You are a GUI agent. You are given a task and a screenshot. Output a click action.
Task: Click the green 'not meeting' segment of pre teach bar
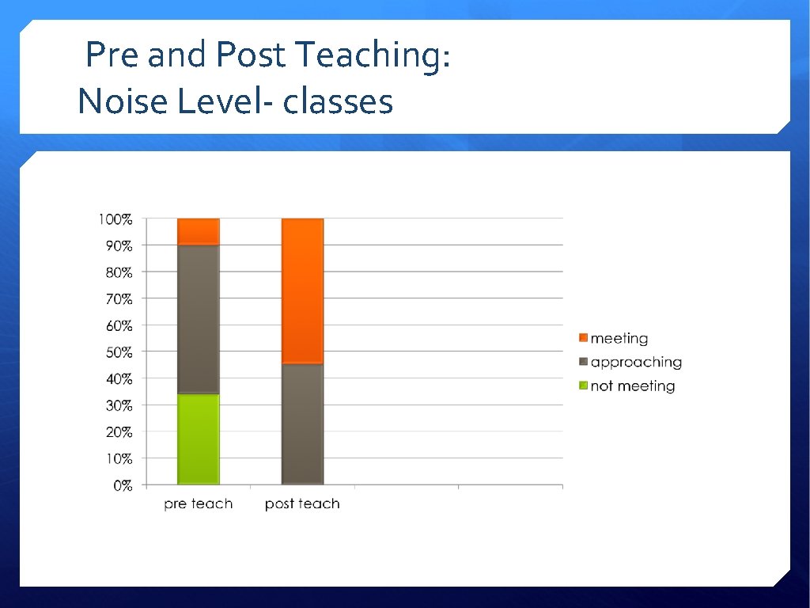[x=199, y=439]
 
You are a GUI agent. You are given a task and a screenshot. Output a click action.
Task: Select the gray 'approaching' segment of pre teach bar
[x=199, y=319]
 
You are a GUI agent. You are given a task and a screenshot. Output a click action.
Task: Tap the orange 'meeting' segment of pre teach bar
[x=199, y=231]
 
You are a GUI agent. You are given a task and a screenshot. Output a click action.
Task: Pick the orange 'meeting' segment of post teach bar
[x=302, y=291]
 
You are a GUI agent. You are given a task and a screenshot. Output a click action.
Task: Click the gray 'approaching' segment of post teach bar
[x=302, y=424]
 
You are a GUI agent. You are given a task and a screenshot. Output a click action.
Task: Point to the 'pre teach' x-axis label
[x=199, y=504]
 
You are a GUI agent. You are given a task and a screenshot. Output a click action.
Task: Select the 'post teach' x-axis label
[x=302, y=504]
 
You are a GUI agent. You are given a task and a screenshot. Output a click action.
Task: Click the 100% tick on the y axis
[x=115, y=219]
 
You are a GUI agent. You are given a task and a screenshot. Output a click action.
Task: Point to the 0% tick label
[x=123, y=486]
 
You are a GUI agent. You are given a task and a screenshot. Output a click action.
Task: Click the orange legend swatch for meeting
[x=584, y=339]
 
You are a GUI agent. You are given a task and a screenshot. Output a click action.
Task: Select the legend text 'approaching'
[x=636, y=363]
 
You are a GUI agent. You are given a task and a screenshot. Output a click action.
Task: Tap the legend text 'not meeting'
[x=633, y=386]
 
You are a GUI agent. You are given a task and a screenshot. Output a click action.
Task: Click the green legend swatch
[x=584, y=386]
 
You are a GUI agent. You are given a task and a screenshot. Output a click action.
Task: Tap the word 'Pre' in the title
[x=112, y=56]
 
